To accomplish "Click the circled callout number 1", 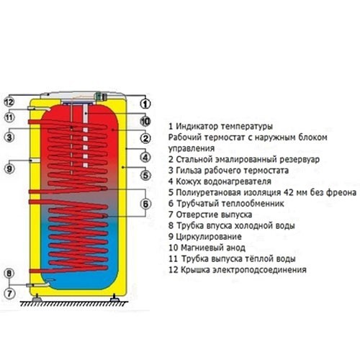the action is [x=145, y=104].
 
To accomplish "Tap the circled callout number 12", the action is [x=9, y=102].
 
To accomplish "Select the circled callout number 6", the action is [x=145, y=204].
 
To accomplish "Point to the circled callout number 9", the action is [x=9, y=168].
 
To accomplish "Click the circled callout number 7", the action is [x=9, y=293].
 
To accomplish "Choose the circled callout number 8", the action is [x=9, y=274].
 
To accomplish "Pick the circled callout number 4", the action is [x=145, y=158].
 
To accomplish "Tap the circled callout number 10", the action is [x=145, y=121].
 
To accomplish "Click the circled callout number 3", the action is [x=9, y=138].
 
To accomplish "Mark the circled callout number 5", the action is [x=145, y=175].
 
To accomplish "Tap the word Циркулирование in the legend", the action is [x=209, y=237].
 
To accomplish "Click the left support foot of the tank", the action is [x=37, y=299].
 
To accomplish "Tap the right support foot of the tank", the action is [x=113, y=299].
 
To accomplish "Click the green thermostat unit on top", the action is [x=99, y=96].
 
